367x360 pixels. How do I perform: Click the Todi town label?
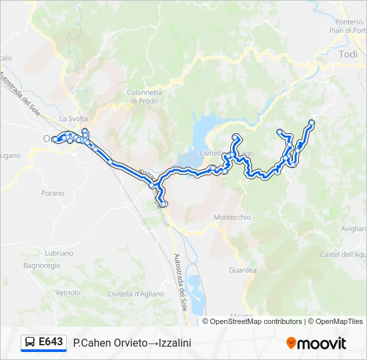(x=348, y=55)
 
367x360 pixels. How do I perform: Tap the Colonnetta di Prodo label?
(x=144, y=97)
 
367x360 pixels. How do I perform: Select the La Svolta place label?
(x=69, y=119)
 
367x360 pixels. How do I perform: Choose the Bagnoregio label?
(x=41, y=265)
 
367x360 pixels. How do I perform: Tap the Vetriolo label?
(x=67, y=293)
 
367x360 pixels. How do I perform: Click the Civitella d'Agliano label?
(x=137, y=294)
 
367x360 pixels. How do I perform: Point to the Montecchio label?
(x=232, y=217)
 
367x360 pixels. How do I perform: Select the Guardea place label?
(x=242, y=270)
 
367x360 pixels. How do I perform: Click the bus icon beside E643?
(x=30, y=343)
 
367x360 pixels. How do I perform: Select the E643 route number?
(x=51, y=342)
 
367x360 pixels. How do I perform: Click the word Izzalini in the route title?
(x=175, y=343)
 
